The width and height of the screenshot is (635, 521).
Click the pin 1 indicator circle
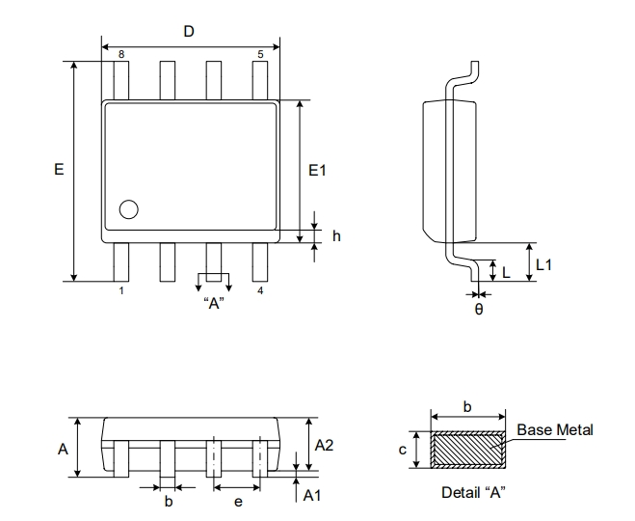[128, 208]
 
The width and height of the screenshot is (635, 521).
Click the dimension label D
[189, 32]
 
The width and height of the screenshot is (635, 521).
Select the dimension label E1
[318, 171]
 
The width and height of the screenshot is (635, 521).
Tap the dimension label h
[336, 236]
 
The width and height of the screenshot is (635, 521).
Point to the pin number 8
[121, 55]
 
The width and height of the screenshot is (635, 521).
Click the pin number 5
[260, 55]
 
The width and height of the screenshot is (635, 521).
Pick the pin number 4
[260, 290]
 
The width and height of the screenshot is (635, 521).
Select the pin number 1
[121, 290]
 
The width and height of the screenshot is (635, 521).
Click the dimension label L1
[543, 263]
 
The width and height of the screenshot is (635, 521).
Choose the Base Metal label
[555, 430]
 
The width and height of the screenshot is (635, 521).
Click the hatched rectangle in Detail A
[467, 450]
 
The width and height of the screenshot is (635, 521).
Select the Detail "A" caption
[473, 492]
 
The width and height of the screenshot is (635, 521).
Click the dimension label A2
[325, 445]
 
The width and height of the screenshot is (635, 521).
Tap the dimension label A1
[310, 495]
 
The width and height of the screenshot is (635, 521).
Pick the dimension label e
[237, 502]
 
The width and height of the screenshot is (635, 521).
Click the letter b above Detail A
[467, 407]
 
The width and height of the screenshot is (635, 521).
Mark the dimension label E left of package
[59, 170]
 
